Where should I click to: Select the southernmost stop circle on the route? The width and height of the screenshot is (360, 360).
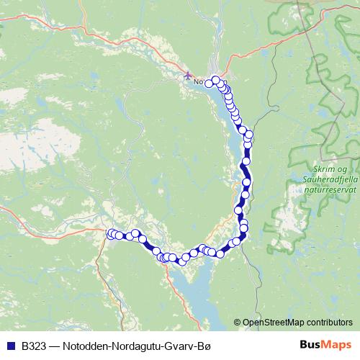182,261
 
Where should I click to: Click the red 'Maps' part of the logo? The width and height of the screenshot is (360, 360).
338,345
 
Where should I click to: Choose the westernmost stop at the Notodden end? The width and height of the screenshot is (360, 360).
210,84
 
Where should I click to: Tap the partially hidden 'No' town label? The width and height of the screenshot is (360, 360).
198,82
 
